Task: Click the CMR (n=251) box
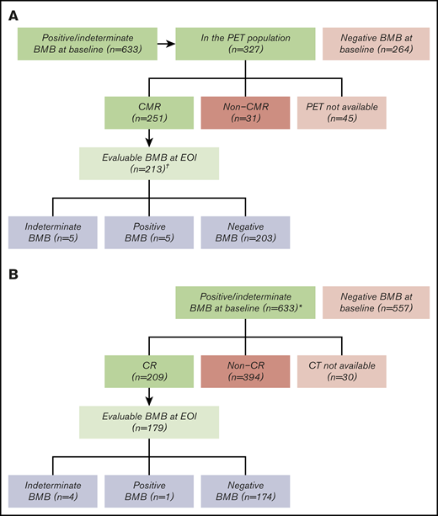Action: point(149,114)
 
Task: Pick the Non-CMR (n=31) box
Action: point(245,114)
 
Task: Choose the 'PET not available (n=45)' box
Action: point(340,114)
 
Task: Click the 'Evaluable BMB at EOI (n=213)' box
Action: point(149,162)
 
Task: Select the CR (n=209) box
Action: point(149,372)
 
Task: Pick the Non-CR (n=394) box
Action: point(245,372)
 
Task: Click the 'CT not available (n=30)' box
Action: point(340,372)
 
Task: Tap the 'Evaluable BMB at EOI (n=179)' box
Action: point(149,420)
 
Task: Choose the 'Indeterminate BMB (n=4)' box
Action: point(54,492)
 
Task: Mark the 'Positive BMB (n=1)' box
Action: point(149,492)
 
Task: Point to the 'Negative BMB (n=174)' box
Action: point(245,492)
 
